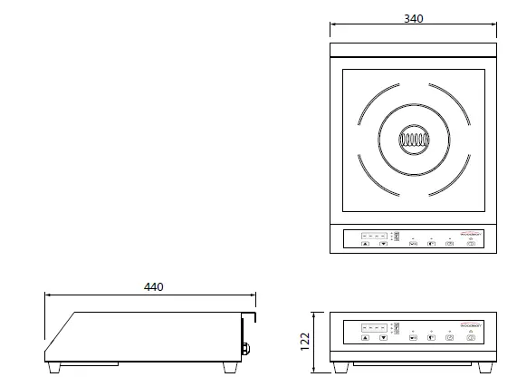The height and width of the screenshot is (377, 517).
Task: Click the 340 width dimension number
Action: pos(413,18)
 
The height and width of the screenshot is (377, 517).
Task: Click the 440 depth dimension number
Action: pos(154,286)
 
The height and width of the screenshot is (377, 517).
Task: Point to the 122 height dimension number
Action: pos(305,341)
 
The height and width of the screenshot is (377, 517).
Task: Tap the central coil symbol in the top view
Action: pos(413,140)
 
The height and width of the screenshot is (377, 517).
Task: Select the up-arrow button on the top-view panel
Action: pos(365,244)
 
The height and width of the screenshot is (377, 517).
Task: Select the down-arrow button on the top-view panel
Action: pos(383,244)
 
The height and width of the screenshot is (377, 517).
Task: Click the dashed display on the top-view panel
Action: pos(374,236)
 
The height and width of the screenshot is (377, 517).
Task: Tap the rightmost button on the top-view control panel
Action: pos(471,244)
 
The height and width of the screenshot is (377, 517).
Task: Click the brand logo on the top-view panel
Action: pos(474,233)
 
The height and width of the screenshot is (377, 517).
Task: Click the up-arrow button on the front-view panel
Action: pos(365,337)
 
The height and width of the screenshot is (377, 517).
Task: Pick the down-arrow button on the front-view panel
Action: pos(383,337)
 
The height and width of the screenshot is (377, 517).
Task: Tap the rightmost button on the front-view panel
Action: pos(471,337)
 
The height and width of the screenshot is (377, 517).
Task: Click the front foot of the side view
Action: pos(59,368)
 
